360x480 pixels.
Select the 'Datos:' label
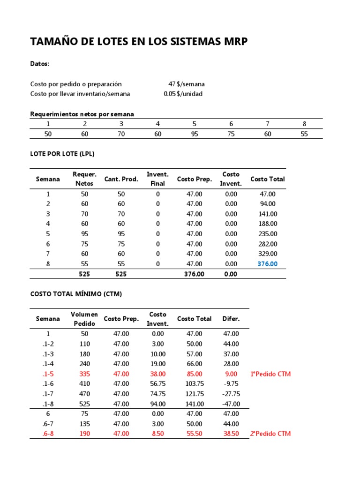point(40,64)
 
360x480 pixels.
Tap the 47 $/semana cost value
point(186,84)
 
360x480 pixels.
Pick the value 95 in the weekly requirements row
point(195,134)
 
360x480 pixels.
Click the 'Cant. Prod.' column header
point(121,179)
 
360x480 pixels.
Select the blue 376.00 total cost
point(268,264)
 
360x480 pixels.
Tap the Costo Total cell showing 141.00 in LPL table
point(268,214)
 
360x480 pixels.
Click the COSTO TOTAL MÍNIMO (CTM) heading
point(76,294)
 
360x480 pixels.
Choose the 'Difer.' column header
point(231,319)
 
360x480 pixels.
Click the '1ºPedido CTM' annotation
point(270,374)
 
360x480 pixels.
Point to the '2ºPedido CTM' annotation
point(270,434)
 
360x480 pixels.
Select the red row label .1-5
point(48,374)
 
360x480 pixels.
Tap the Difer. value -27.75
point(231,394)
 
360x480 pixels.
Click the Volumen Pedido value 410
point(84,384)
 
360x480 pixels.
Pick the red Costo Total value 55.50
point(195,434)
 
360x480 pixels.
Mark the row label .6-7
point(48,424)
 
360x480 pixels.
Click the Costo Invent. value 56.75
point(158,384)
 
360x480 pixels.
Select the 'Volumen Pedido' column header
point(84,319)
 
